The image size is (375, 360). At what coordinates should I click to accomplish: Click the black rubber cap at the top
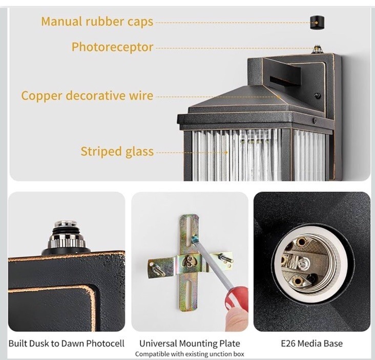tap(317, 23)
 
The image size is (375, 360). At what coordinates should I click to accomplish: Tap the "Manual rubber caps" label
tap(97, 22)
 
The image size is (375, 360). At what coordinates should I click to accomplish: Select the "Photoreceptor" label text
tap(112, 47)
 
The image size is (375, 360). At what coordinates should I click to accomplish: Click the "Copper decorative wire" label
tap(87, 96)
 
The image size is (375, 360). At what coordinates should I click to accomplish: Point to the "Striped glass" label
tap(117, 152)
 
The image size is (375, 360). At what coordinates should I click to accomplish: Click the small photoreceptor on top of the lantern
tap(317, 49)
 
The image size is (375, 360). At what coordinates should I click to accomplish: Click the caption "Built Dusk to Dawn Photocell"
tap(67, 344)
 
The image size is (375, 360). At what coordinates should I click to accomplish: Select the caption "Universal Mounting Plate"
tap(190, 344)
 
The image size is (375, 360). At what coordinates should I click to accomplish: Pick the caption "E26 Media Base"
tap(312, 344)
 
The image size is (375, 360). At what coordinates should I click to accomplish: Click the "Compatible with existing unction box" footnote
tap(190, 354)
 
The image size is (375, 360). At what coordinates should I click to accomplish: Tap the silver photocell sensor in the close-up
tap(66, 235)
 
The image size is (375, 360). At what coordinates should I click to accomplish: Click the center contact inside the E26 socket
tap(304, 263)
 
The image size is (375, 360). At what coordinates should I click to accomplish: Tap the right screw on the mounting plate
tap(225, 258)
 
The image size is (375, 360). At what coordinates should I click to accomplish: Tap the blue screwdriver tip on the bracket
tap(195, 239)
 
